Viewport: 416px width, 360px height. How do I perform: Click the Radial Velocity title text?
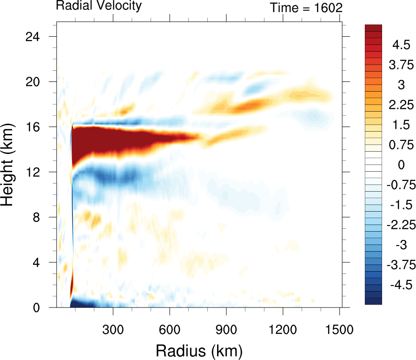pos(98,6)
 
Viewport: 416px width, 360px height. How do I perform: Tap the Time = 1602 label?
pos(306,7)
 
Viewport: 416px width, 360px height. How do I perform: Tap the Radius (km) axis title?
pos(199,349)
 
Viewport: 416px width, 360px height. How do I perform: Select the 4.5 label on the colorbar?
pos(401,46)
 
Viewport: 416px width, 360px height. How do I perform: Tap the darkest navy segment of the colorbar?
pos(374,300)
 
